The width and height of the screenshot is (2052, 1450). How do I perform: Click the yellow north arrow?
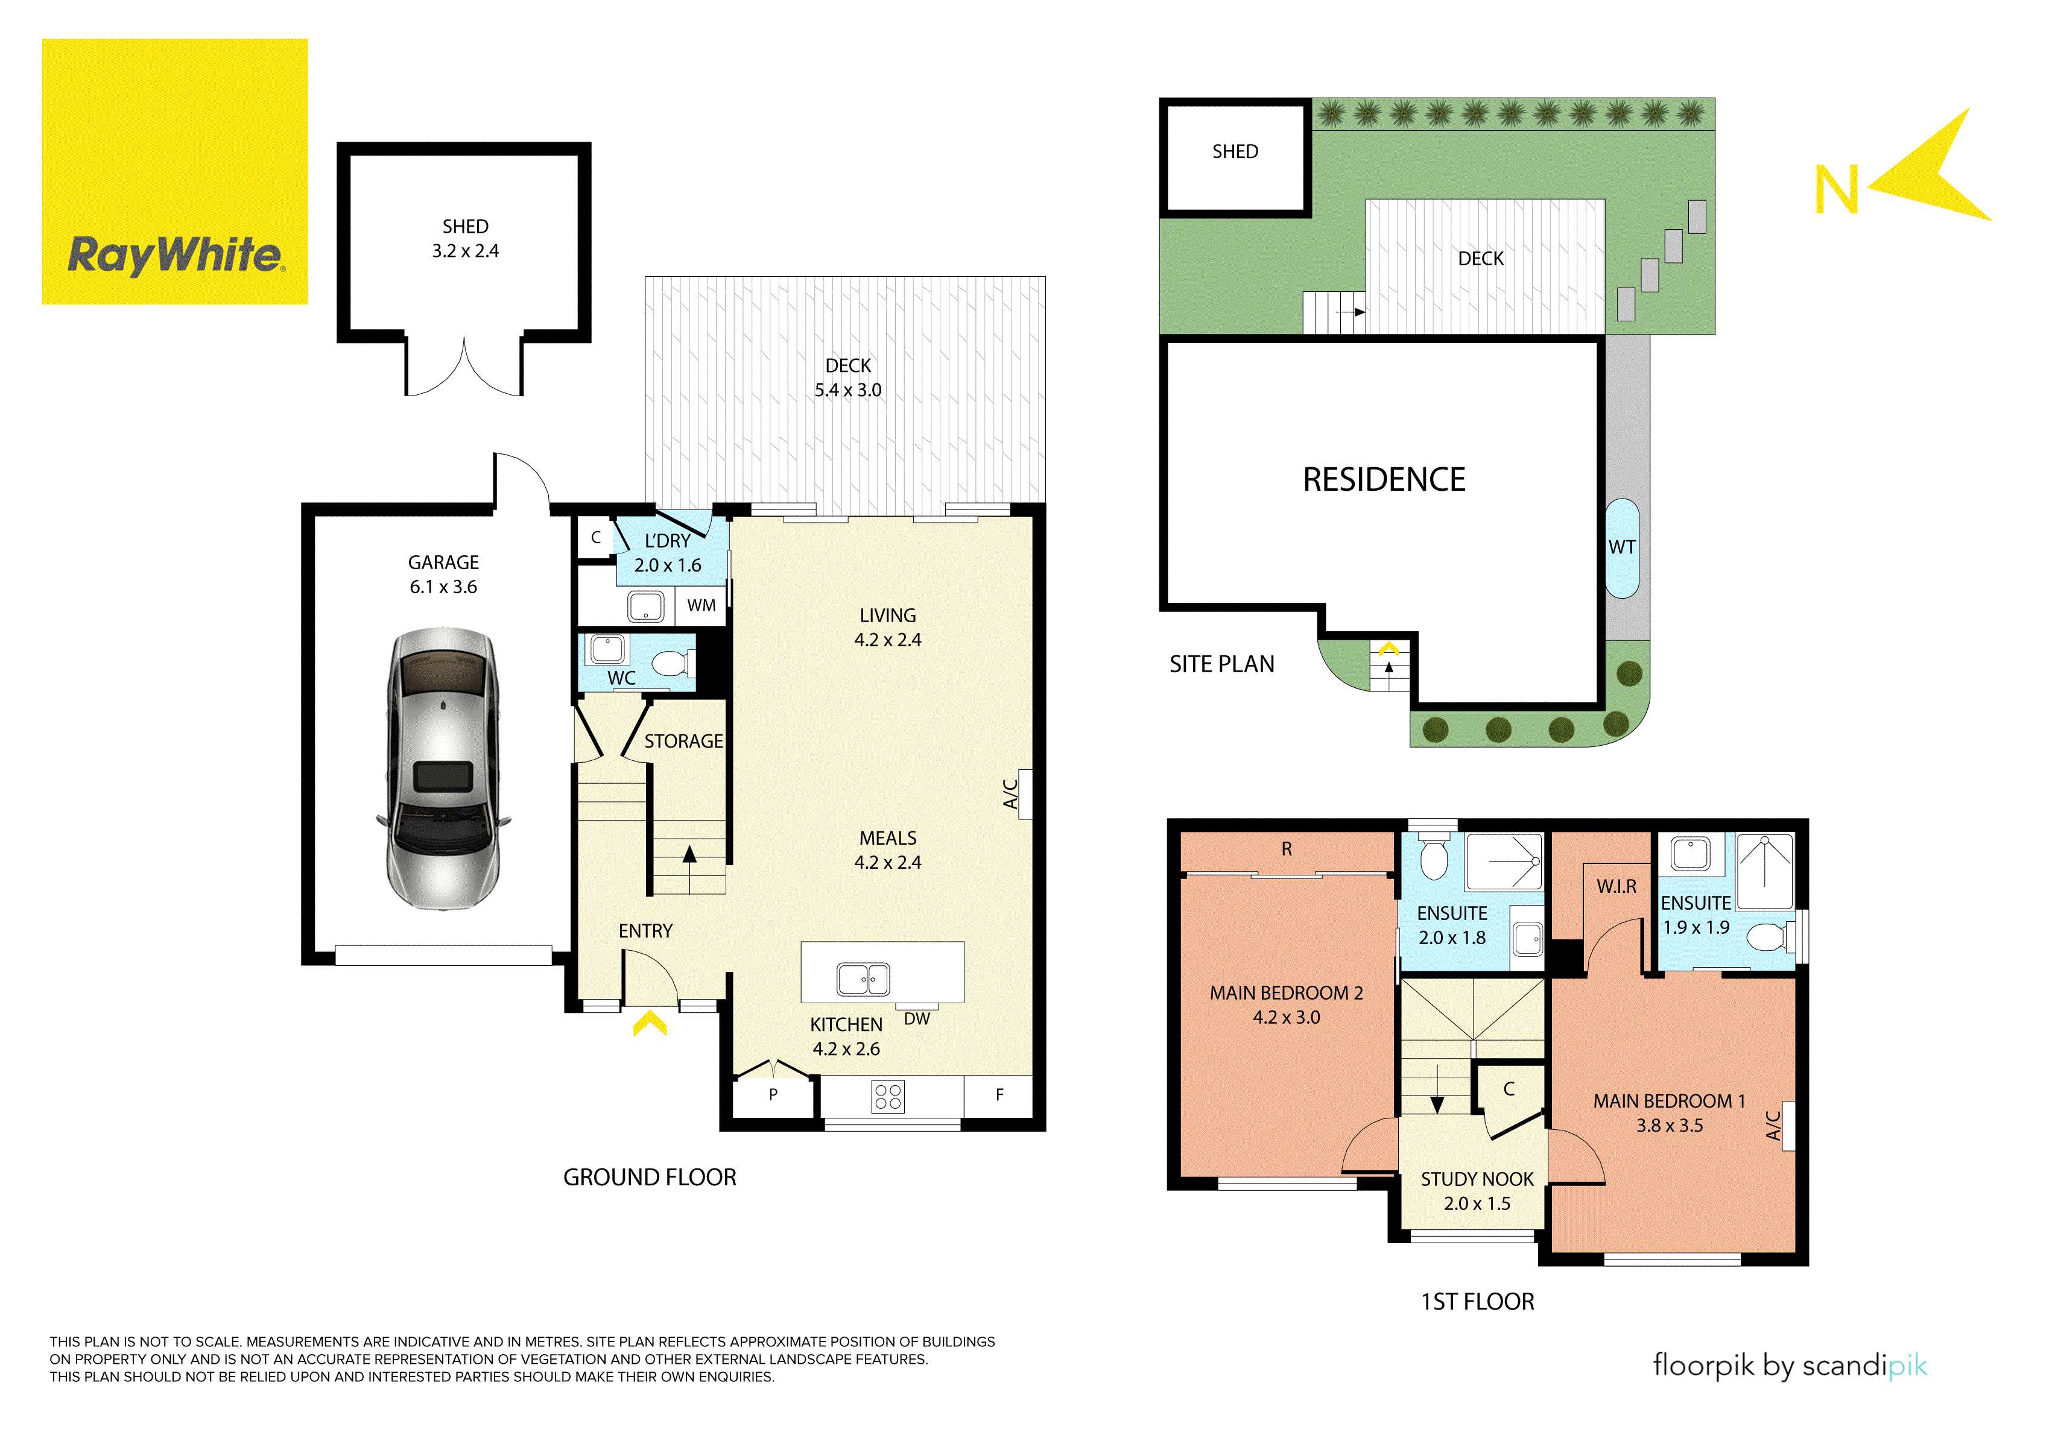1935,170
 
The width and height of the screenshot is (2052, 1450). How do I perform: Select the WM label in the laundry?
701,606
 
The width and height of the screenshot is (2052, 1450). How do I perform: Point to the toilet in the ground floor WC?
670,664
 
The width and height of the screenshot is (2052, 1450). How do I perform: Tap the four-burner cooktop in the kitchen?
888,1097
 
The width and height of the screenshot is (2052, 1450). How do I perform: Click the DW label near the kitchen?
917,1020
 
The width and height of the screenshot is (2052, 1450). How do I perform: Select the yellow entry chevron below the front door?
650,1023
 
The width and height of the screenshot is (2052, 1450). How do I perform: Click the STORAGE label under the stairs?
684,742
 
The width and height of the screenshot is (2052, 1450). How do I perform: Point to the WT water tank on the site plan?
1622,547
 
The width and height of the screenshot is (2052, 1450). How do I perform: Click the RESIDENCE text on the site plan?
1384,480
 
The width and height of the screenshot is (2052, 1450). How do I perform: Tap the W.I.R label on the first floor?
1617,886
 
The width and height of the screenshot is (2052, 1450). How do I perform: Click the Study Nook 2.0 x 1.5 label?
1477,1192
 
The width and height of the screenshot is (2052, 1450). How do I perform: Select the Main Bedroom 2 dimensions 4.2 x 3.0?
1286,1018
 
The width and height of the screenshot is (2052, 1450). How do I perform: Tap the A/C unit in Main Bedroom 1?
1787,1126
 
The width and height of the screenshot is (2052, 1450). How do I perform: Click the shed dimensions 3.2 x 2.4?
466,251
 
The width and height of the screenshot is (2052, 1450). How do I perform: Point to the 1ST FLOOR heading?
1477,1302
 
